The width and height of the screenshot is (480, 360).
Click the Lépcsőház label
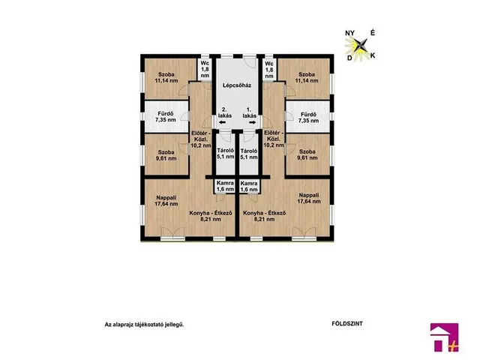(237, 85)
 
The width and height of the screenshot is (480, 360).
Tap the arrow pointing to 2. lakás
(222, 122)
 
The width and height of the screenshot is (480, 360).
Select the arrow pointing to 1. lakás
(253, 122)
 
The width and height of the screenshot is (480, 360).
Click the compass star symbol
(360, 45)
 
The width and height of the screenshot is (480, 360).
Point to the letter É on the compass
(373, 33)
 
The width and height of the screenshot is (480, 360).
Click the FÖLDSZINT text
(347, 323)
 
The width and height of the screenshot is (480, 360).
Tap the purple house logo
(445, 337)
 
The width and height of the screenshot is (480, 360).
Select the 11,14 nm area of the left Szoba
(166, 81)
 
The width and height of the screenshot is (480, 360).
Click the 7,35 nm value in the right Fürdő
(308, 121)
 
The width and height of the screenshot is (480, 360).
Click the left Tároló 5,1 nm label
(225, 154)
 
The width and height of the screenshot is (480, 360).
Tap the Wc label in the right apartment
(269, 64)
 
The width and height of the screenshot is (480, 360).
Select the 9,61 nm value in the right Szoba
(308, 158)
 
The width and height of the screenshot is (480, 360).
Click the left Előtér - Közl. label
(201, 139)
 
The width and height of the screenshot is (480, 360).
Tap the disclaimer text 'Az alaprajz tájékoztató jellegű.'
(144, 325)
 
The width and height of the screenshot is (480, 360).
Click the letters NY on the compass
(350, 33)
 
